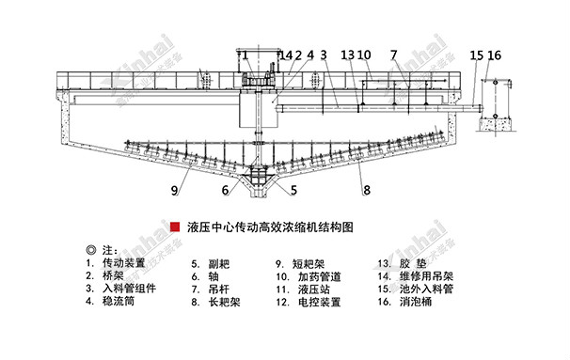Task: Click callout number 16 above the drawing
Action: (497, 55)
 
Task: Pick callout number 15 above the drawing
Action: (477, 55)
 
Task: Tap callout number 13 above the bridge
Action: (347, 55)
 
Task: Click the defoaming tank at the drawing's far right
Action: (493, 99)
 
